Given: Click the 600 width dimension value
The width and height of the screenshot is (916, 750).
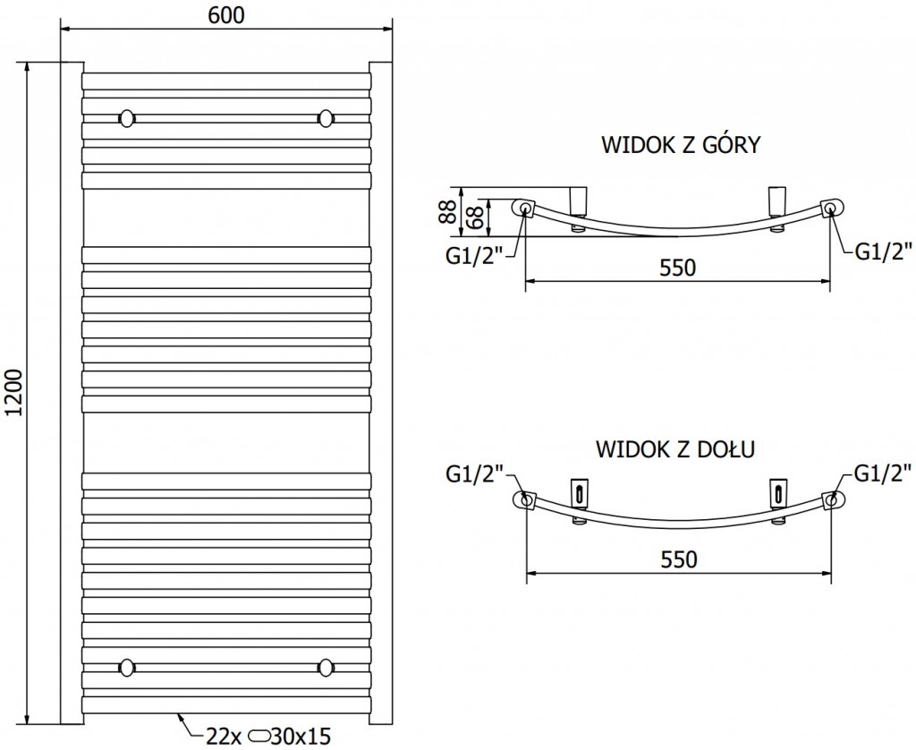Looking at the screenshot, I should coord(227,14).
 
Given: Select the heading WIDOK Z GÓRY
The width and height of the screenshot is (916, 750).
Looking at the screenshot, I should coord(680,145).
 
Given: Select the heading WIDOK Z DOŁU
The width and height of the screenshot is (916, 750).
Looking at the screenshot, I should coord(675,448).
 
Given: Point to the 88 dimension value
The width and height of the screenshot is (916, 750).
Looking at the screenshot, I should coord(445,211).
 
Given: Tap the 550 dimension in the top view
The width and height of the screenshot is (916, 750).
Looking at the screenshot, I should coord(678,268).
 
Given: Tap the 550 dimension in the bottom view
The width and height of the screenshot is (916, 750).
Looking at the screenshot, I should coord(678,559).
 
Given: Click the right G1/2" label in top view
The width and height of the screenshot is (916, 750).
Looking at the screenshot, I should coord(883,251).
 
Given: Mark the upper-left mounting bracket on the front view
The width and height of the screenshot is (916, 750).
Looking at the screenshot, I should coord(128,117).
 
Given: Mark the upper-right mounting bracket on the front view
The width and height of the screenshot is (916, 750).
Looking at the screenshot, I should coord(326,117).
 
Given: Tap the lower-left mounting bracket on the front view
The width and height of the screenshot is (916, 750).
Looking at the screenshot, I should coord(128,666).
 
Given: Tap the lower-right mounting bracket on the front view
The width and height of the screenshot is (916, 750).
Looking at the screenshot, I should coord(326,666).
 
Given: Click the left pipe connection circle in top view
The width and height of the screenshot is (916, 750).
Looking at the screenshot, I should coord(524,209).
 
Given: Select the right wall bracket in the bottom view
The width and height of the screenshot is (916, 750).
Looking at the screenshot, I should coord(777,495).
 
